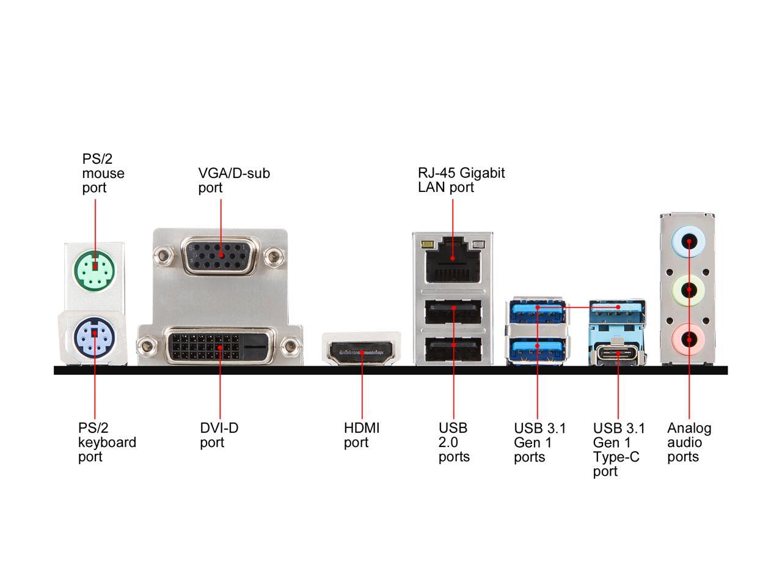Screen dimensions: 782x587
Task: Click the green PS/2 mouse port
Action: [x=95, y=271]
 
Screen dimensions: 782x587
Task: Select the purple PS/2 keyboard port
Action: [x=95, y=338]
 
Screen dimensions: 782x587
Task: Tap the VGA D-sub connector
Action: [x=219, y=256]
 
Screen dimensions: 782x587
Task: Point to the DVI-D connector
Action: [x=219, y=347]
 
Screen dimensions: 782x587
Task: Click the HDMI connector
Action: [x=362, y=352]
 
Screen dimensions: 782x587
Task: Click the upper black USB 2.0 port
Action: [x=453, y=312]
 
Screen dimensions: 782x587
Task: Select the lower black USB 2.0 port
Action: [x=453, y=349]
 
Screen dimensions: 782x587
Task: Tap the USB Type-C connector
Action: [x=618, y=354]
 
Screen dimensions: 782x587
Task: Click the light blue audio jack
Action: [x=689, y=242]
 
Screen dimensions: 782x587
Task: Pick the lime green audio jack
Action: [x=689, y=290]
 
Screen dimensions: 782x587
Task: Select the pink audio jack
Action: [x=689, y=339]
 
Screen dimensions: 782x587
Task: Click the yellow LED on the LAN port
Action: [x=426, y=245]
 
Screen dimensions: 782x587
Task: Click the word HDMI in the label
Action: [x=362, y=427]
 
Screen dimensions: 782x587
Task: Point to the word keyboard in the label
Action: [x=107, y=442]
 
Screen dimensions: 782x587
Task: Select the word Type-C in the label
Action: [x=616, y=457]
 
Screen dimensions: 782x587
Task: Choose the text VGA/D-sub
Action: [x=234, y=173]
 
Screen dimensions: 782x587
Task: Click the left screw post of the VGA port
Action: [x=163, y=256]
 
